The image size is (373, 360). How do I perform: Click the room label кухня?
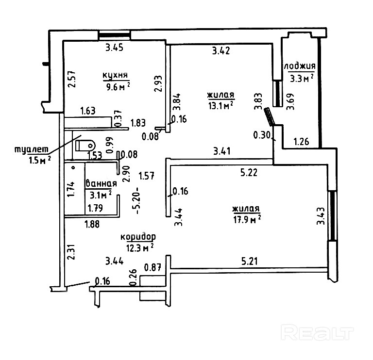pos(115,75)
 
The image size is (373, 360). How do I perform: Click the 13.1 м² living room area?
pos(221,106)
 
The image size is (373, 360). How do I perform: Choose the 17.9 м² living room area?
pos(247,219)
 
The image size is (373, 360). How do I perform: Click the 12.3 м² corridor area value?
pos(139,247)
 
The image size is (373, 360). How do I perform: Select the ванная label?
pos(101,183)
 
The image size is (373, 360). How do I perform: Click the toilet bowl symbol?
pos(85,145)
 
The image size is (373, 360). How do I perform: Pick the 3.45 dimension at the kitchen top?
pos(115,48)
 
